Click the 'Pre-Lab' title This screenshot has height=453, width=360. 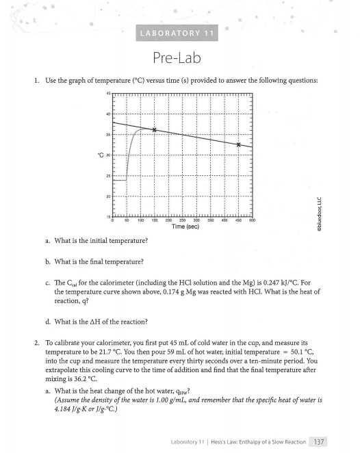click(x=180, y=57)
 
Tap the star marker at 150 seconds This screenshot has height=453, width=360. click(x=155, y=129)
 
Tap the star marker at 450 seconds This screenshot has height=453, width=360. click(x=238, y=144)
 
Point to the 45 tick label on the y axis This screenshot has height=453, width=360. click(x=107, y=93)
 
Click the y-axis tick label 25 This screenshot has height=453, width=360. click(x=107, y=177)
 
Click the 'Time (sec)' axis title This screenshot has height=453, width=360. click(x=181, y=227)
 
